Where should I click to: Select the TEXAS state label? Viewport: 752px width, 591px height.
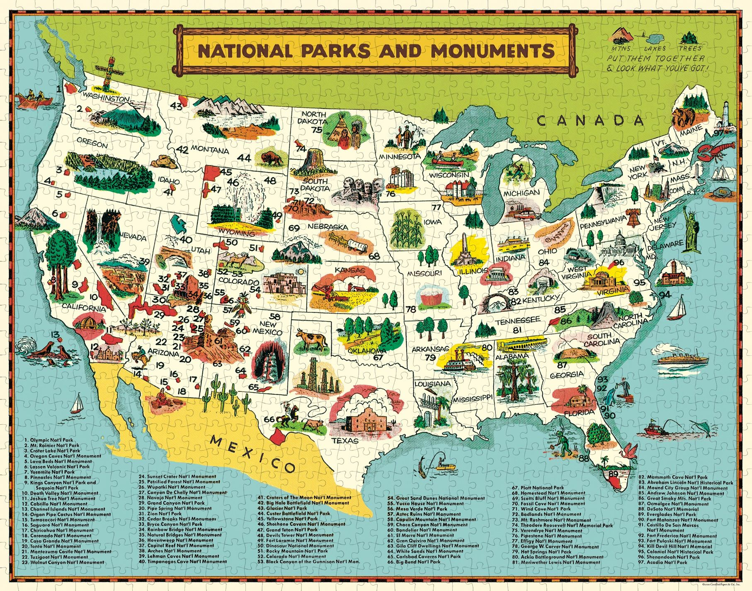[x=345, y=440]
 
